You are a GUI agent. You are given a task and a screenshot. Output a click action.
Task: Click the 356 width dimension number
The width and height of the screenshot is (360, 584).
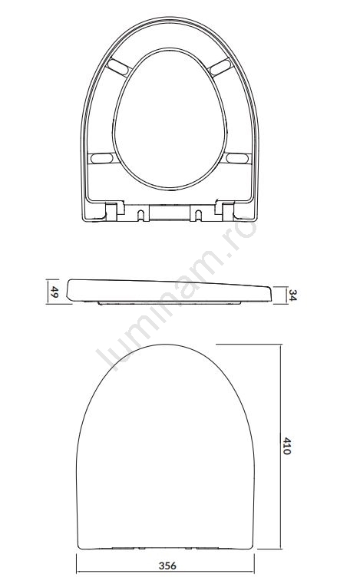click(x=167, y=566)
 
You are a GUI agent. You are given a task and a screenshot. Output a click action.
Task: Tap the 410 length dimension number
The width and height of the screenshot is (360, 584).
click(x=286, y=446)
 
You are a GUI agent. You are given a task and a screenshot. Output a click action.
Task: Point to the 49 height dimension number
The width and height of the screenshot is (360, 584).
click(x=54, y=292)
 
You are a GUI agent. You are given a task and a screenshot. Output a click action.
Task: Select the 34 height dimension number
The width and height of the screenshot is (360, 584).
click(x=292, y=295)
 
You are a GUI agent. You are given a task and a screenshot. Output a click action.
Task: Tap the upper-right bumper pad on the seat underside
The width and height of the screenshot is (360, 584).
click(x=220, y=67)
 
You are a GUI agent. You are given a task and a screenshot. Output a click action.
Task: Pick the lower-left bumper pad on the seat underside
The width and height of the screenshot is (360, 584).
click(x=102, y=158)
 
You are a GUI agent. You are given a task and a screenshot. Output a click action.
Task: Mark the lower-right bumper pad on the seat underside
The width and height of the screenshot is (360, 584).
click(x=237, y=158)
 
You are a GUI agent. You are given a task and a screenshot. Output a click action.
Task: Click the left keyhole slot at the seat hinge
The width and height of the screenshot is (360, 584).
click(x=140, y=215)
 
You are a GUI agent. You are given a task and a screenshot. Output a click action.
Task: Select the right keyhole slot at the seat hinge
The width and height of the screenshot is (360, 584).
click(x=199, y=215)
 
